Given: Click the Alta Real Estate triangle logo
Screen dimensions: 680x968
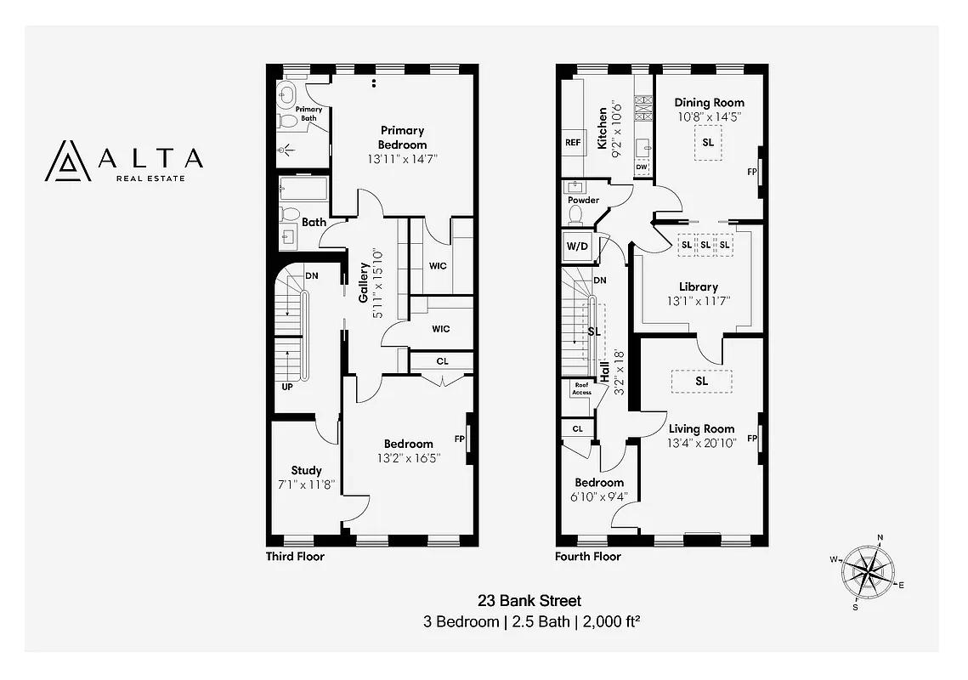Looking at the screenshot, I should [67, 161].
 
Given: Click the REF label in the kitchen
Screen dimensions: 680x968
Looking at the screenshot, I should [573, 143].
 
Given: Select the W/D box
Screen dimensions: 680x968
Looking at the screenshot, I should [577, 246].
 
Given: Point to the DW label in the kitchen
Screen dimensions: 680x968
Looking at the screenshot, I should [642, 167].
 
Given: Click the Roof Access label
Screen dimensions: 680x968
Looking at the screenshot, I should [581, 388].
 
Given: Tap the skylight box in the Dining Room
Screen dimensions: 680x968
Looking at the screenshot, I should [707, 143].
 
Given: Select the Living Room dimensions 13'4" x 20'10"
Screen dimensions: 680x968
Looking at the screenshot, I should [701, 443].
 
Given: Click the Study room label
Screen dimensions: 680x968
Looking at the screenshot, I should [306, 470].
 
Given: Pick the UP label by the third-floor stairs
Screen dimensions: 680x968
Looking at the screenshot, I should [287, 387].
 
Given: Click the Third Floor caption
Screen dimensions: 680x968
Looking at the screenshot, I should [296, 557].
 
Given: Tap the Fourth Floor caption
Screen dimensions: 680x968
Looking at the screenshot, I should [587, 557].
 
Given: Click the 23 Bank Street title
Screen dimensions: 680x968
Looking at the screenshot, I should [531, 601].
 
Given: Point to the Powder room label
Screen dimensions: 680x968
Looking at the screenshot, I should [584, 201].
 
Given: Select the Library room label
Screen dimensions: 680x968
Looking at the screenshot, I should [699, 286].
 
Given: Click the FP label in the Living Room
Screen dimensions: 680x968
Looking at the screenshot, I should [751, 439].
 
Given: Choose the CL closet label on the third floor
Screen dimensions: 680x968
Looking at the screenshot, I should [442, 361].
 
